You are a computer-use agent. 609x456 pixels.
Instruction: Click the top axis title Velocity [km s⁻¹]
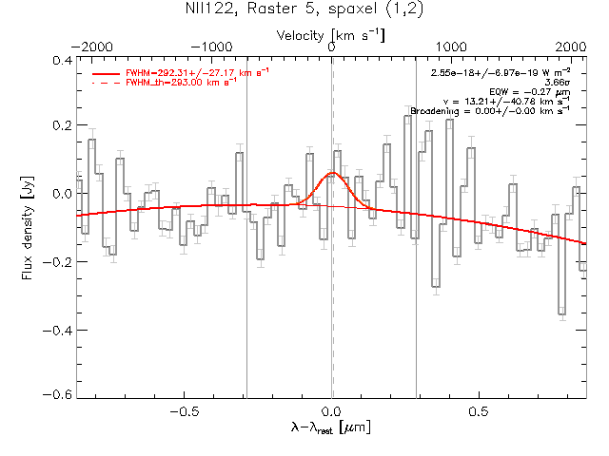pos(330,35)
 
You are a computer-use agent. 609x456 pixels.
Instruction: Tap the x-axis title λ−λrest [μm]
pos(330,428)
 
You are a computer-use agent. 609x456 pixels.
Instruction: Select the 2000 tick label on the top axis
pos(570,47)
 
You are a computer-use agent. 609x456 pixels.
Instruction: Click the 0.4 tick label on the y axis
pos(60,60)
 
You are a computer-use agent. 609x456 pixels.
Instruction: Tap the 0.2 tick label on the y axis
pos(60,126)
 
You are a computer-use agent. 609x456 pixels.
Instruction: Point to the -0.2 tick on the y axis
pos(58,260)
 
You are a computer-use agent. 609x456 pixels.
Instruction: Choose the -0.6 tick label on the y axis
pos(58,394)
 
